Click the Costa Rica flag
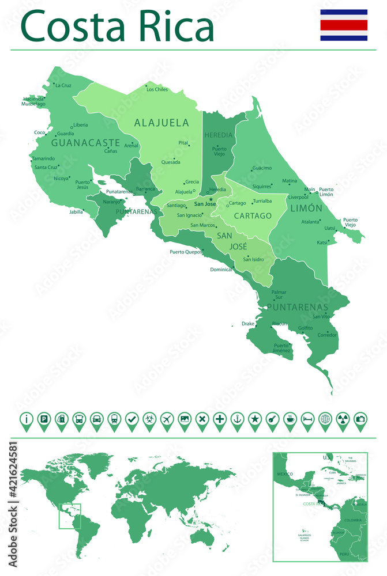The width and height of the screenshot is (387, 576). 344,25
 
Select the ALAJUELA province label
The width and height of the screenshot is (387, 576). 161,123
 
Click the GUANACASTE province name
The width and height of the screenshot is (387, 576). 85,142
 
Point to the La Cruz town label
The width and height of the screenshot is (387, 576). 63,85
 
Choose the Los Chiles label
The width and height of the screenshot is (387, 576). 157,89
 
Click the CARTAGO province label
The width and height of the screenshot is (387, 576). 253,216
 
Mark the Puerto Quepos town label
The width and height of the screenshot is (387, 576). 185,252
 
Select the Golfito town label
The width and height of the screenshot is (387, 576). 306,328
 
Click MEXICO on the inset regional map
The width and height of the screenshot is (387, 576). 284,473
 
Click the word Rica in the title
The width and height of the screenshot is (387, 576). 174,27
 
